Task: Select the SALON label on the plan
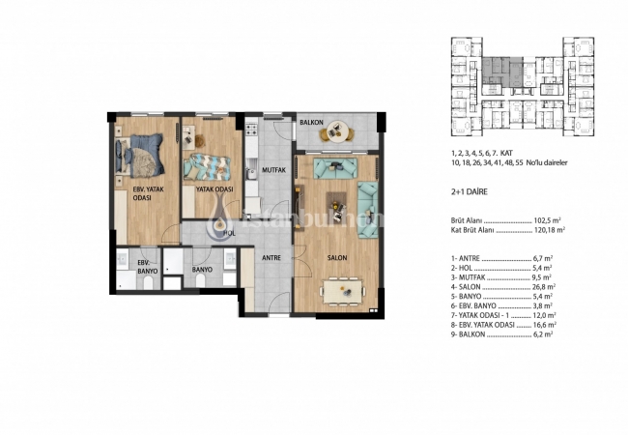(x=336, y=257)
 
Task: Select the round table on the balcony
(x=336, y=130)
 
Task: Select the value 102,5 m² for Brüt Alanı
(x=547, y=219)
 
